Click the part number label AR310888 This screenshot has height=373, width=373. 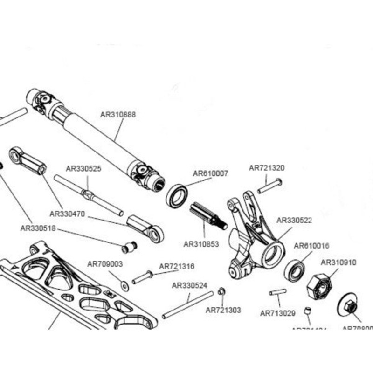tap(118, 115)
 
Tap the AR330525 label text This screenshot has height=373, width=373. tap(83, 168)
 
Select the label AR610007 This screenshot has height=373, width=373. tap(210, 173)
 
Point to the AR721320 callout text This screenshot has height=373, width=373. tap(267, 168)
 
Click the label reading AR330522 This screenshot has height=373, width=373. tap(294, 220)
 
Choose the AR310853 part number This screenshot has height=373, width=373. tap(201, 243)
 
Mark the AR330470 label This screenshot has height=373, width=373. tap(67, 214)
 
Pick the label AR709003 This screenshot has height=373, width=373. tap(105, 264)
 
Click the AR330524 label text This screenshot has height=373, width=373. tap(190, 285)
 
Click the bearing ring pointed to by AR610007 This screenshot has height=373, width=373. tap(178, 196)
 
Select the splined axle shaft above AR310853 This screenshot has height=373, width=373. tap(208, 217)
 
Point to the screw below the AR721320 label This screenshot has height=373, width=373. tap(270, 186)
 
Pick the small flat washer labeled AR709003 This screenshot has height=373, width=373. tap(124, 284)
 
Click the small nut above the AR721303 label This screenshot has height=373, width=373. tap(222, 291)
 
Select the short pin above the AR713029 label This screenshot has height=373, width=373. tap(277, 292)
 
